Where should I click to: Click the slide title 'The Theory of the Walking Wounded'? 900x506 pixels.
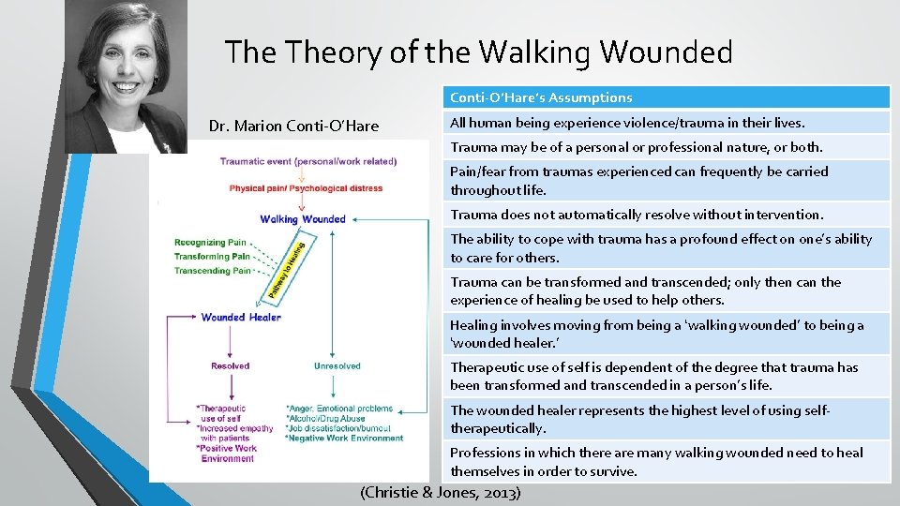[x=478, y=52]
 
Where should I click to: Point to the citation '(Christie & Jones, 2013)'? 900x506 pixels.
[x=441, y=492]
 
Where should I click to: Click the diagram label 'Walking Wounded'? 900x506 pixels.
[x=303, y=219]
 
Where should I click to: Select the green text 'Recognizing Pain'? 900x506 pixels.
[x=211, y=243]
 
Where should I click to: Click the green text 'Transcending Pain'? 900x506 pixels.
[x=213, y=271]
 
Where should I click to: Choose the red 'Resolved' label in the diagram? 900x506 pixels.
[x=230, y=366]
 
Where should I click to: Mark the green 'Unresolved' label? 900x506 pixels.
[x=337, y=366]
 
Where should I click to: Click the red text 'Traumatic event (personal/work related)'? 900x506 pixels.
[x=307, y=161]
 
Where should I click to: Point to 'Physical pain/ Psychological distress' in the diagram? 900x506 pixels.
[x=306, y=188]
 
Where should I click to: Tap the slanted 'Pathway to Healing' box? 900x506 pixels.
[x=287, y=267]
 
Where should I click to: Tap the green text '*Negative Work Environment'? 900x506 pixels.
[x=344, y=438]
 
